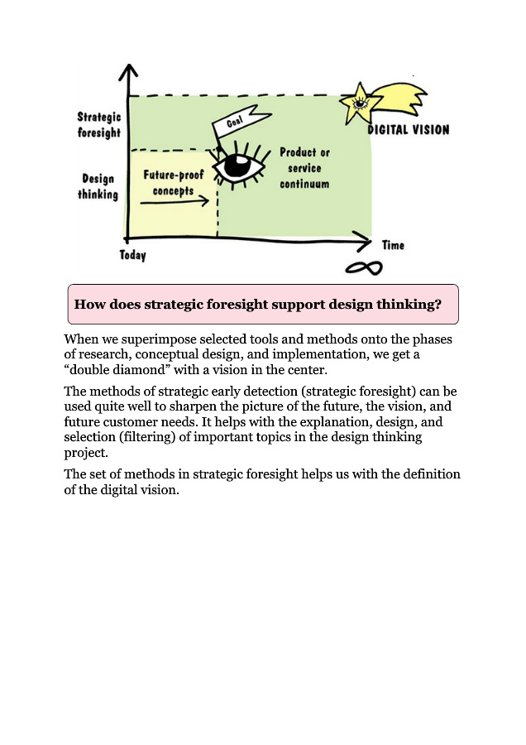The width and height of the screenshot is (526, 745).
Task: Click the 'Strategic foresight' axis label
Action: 99,125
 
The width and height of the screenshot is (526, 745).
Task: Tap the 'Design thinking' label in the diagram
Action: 98,186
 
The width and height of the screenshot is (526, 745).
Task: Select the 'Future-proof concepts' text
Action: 174,182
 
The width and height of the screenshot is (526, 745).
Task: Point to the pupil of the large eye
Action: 237,166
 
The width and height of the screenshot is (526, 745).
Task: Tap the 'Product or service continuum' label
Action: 304,168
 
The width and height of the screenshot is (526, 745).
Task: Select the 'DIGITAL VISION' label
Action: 409,130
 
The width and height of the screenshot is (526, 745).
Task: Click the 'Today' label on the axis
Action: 132,255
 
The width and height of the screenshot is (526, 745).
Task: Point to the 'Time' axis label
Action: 393,245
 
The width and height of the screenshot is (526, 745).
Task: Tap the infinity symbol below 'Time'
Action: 364,268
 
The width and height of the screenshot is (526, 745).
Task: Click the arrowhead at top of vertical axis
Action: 128,72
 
